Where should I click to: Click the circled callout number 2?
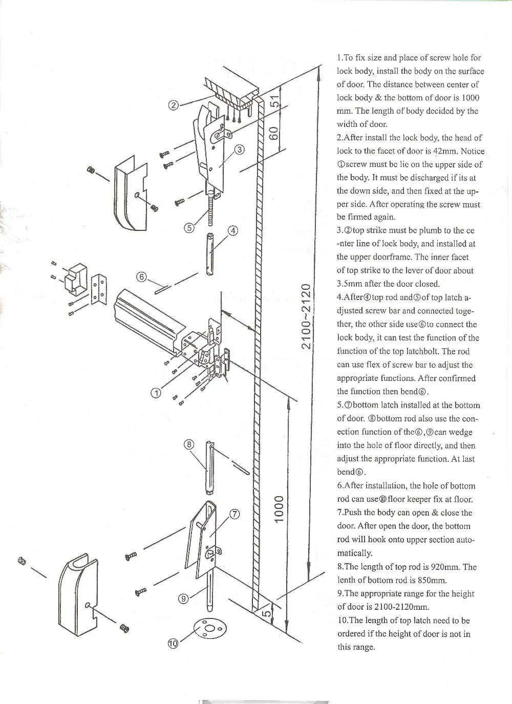(x=174, y=106)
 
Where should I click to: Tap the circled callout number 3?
(x=239, y=150)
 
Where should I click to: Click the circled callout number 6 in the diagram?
(x=142, y=277)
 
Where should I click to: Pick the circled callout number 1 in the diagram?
(x=155, y=393)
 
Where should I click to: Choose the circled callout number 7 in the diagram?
(x=233, y=515)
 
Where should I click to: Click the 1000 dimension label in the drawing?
(x=279, y=509)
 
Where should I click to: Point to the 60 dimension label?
(x=274, y=132)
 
